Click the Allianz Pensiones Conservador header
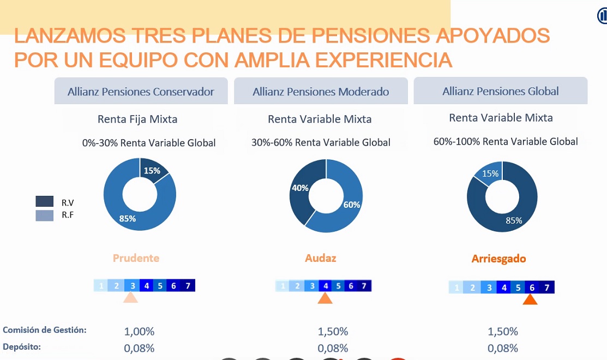coord(141,92)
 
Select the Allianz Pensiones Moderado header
coord(321,92)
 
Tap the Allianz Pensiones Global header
coord(500,91)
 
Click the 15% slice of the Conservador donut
coord(153,171)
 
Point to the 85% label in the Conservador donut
coord(128,219)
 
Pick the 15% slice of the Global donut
coord(490,173)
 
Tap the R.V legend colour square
coord(45,201)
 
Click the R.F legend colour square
coord(45,215)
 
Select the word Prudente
coord(136,258)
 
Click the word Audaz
coord(321,258)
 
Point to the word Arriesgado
coord(498,259)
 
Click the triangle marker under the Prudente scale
coord(130,297)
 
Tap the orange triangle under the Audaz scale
coord(325,298)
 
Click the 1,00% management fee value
coord(140,331)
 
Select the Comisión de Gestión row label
coord(45,330)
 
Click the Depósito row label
coord(22,346)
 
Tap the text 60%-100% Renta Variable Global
coord(506,142)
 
